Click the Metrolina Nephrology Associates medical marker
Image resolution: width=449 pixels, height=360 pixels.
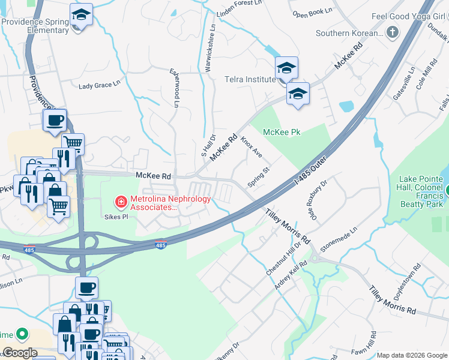click(121, 200)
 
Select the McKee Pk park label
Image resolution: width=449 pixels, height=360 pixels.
click(282, 132)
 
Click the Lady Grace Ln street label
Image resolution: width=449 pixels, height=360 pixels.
click(96, 85)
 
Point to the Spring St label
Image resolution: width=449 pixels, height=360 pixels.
click(259, 178)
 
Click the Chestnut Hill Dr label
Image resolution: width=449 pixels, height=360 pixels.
click(282, 258)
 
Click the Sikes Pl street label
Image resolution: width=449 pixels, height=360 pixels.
click(116, 217)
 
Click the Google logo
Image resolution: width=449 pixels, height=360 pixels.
click(20, 353)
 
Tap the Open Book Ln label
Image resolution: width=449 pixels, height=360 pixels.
click(312, 12)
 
